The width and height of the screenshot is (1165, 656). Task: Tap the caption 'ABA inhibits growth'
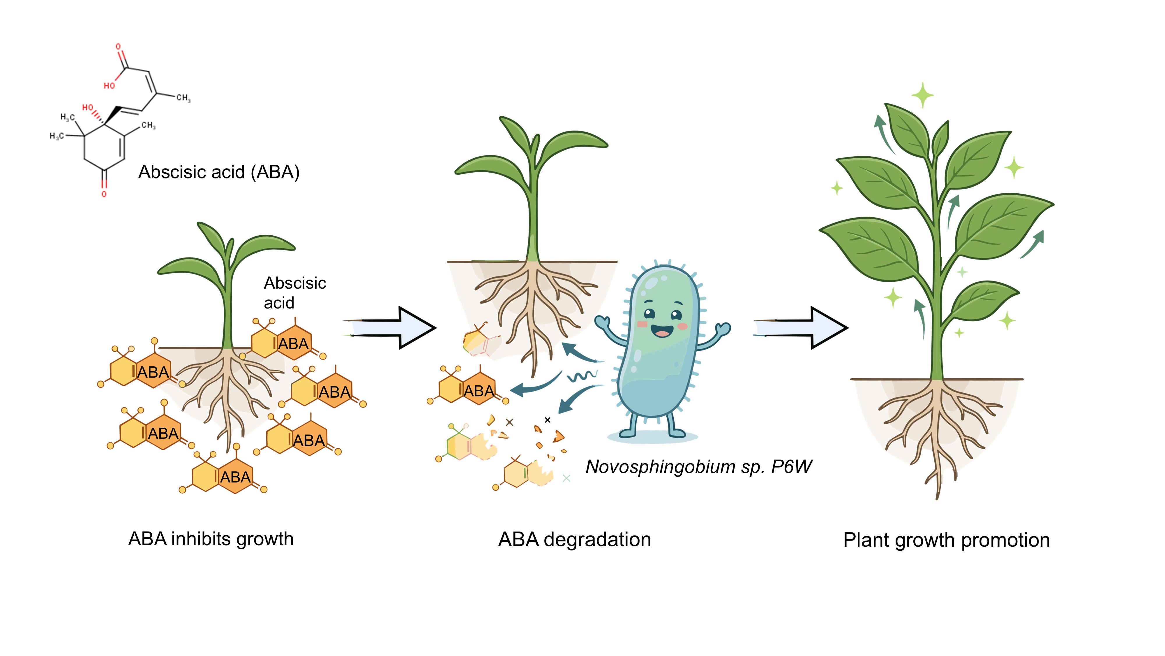211,539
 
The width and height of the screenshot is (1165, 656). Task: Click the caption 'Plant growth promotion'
947,540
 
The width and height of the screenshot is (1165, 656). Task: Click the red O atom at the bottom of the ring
104,194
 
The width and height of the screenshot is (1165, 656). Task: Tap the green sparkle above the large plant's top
923,95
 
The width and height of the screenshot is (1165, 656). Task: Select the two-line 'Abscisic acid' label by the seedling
295,293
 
